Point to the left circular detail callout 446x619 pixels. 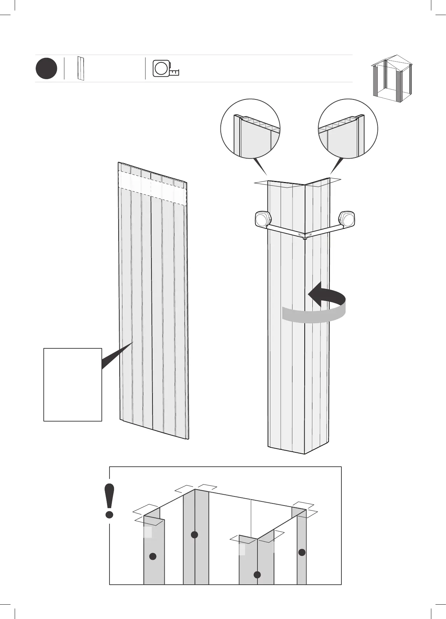(x=250, y=129)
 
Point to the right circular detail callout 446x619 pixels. (x=348, y=129)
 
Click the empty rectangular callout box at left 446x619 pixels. (x=73, y=384)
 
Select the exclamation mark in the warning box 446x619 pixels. (x=109, y=501)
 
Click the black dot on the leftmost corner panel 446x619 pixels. (x=153, y=556)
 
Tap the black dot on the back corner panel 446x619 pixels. (x=194, y=535)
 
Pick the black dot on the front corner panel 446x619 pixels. (x=257, y=575)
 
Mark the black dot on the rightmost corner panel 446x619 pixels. (x=302, y=552)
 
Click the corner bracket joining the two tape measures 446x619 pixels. (x=305, y=235)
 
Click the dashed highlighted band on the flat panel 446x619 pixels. (x=153, y=186)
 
